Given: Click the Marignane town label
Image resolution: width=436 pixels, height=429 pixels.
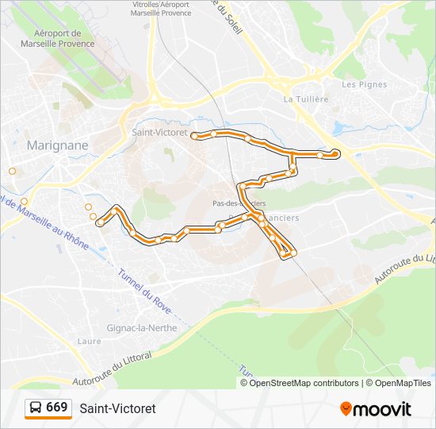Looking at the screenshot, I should click(57, 145).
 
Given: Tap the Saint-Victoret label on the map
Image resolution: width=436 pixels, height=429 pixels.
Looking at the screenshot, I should click(159, 133).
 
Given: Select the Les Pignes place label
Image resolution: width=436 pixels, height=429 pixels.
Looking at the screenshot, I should click(364, 84).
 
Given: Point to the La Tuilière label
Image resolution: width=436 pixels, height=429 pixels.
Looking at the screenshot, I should click(305, 99).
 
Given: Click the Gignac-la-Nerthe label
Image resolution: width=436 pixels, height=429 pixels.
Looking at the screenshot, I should click(141, 327).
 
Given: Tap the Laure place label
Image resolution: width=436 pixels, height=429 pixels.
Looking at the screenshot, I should click(90, 341).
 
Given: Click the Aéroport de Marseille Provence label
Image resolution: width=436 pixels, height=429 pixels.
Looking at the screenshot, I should click(64, 38).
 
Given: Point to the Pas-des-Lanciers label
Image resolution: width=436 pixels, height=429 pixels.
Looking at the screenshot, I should click(239, 203).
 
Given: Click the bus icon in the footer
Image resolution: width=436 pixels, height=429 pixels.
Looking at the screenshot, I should click(36, 408).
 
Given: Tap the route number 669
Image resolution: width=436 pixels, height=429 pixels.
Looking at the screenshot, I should click(57, 408).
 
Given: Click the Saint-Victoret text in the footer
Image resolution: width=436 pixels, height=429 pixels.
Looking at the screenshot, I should click(117, 408).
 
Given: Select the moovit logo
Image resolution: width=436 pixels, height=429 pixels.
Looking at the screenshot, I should click(376, 408).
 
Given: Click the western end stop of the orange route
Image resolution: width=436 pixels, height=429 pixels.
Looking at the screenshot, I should click(100, 224).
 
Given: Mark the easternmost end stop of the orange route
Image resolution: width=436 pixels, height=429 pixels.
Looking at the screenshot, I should click(336, 153).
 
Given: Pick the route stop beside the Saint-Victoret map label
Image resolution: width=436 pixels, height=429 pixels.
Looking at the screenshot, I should click(194, 136).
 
